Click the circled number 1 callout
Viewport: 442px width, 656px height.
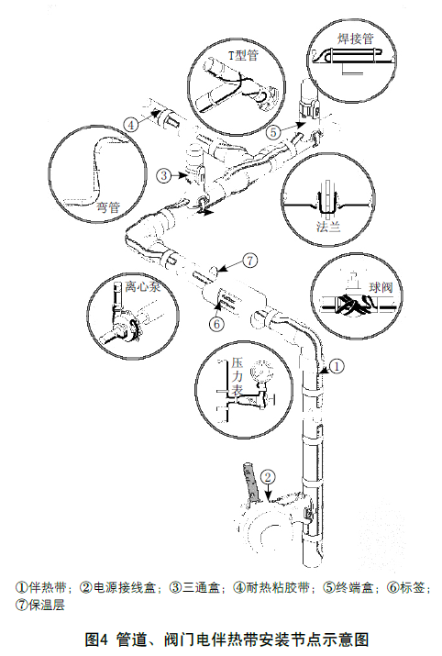click(337, 366)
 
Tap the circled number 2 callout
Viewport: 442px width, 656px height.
click(268, 478)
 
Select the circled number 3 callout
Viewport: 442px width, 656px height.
click(164, 175)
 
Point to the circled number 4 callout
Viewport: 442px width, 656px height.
click(131, 125)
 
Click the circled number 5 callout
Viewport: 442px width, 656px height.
click(272, 132)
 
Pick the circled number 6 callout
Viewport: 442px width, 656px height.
click(216, 324)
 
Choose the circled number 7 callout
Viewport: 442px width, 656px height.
click(250, 261)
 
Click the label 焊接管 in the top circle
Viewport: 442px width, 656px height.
click(356, 39)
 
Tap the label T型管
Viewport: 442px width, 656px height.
click(243, 55)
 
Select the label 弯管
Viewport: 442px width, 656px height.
click(109, 206)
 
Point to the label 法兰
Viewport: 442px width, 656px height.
click(328, 228)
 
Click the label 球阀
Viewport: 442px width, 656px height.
click(381, 287)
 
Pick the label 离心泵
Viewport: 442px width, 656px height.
click(142, 286)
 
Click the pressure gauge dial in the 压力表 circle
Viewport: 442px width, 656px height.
click(259, 372)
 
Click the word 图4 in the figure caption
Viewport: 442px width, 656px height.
click(96, 639)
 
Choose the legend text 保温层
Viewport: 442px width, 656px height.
click(47, 605)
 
